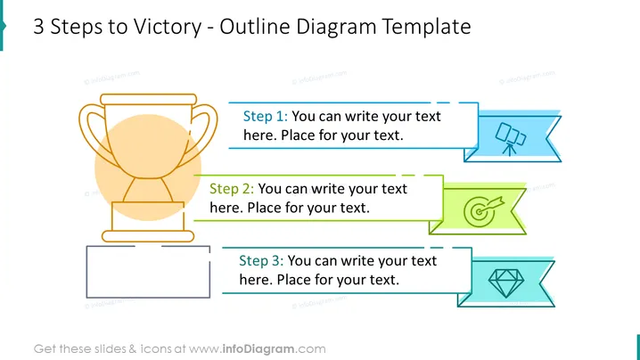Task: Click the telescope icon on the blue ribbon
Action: point(510,139)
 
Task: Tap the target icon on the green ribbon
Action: point(484,211)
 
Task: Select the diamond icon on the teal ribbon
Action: point(506,282)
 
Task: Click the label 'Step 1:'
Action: point(266,117)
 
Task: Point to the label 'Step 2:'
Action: point(232,189)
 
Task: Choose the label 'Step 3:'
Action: point(261,260)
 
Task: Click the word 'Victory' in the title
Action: point(168,28)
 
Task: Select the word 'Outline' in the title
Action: point(254,27)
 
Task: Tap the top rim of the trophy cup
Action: point(149,99)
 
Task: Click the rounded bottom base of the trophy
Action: point(148,236)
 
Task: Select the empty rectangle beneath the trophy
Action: point(87,272)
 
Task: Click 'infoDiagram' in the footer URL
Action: point(258,349)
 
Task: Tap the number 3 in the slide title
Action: point(38,27)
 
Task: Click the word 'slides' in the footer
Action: point(110,349)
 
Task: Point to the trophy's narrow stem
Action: point(148,190)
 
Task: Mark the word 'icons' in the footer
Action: point(155,349)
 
